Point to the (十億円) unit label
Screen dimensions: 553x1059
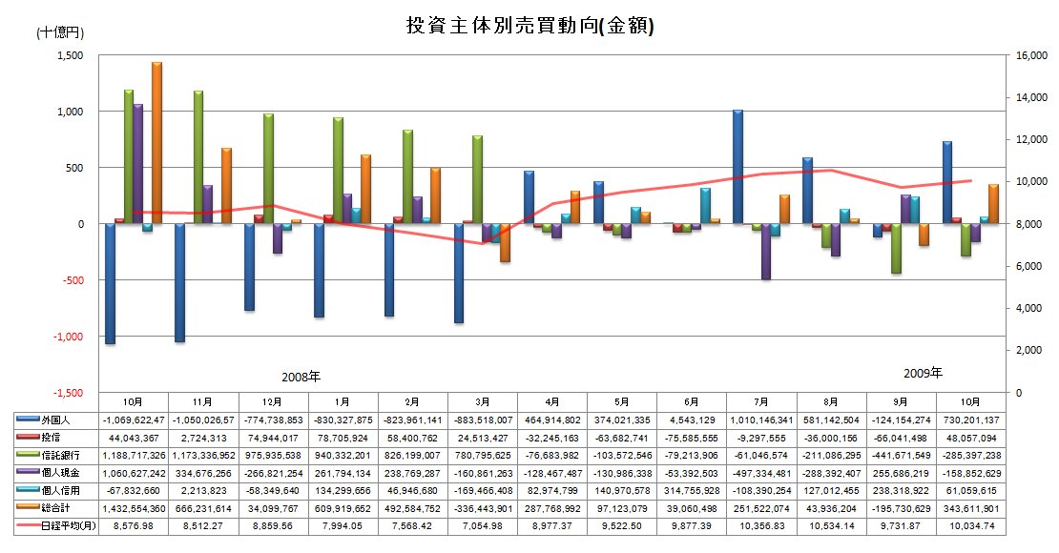coord(60,32)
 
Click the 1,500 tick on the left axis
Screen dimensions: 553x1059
coord(71,55)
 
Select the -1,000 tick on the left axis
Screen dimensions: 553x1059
coord(68,337)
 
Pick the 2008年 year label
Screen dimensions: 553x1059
coord(301,377)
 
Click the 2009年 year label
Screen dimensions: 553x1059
coord(922,372)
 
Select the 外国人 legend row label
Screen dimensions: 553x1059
coord(56,420)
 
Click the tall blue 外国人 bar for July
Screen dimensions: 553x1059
coord(737,167)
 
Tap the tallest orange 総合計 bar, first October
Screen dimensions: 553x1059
coord(156,143)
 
